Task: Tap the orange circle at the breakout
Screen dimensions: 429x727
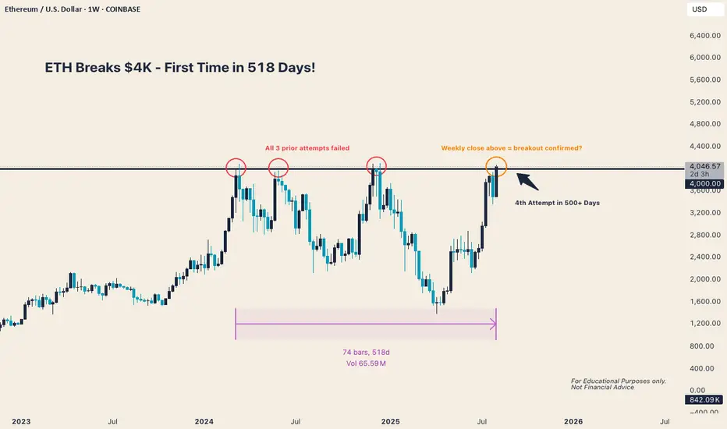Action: [x=496, y=166]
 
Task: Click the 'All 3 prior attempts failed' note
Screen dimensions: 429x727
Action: [x=307, y=147]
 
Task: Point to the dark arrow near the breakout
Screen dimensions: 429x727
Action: [x=527, y=182]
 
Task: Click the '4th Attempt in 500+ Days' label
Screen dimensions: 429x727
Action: [x=558, y=203]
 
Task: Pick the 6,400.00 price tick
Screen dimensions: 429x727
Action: [x=704, y=35]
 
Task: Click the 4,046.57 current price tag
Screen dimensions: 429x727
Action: [x=704, y=166]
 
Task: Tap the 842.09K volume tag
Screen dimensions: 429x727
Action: [x=704, y=400]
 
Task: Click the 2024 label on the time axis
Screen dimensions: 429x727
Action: [x=204, y=421]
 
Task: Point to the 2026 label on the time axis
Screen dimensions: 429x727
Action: [x=573, y=421]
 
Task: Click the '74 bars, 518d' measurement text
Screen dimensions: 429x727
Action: [x=366, y=351]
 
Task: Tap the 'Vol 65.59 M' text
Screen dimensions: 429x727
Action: [x=366, y=363]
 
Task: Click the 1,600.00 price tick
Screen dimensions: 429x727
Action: [x=704, y=301]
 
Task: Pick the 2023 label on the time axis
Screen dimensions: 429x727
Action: [x=21, y=421]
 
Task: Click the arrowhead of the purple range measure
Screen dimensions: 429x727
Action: [x=494, y=323]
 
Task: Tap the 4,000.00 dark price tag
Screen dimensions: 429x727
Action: [x=704, y=184]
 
